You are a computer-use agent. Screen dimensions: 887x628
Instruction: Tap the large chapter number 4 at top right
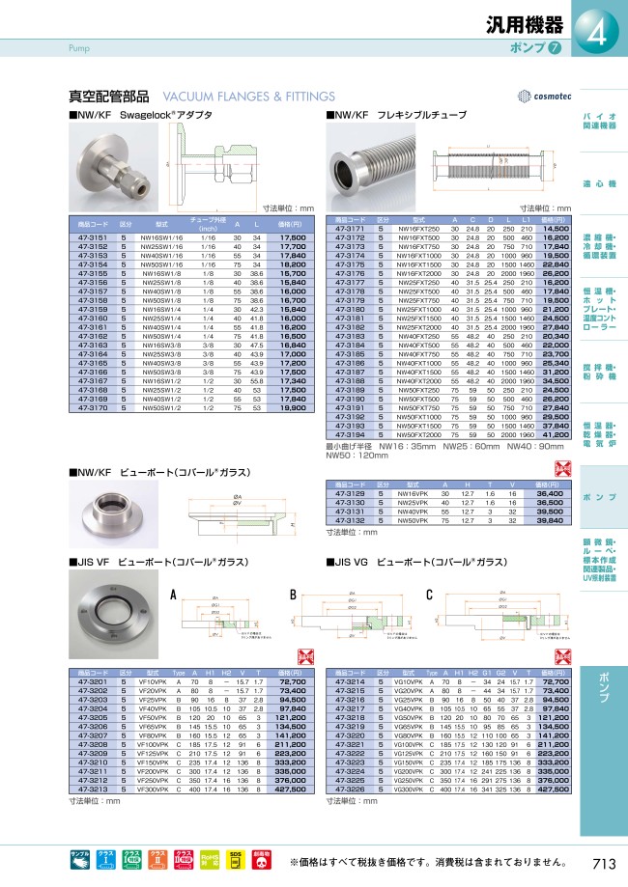(596, 37)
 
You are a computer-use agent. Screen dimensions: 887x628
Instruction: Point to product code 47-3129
(349, 493)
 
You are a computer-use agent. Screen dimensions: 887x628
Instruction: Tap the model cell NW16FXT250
(418, 228)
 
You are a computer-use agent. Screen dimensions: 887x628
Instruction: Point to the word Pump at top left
(79, 46)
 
